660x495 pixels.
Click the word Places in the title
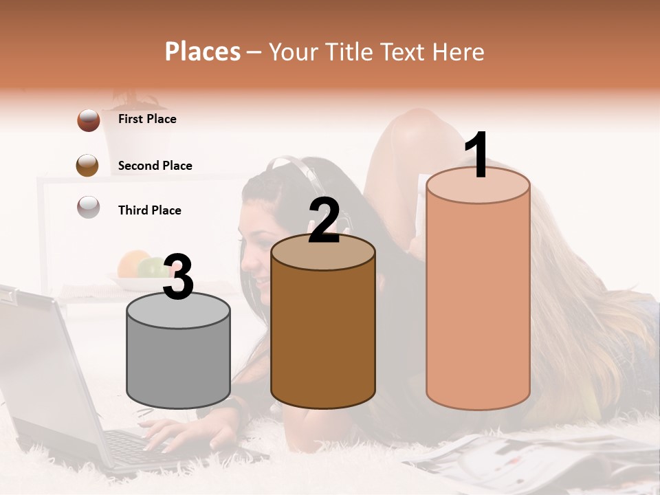tap(203, 52)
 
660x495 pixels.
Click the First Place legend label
tap(147, 119)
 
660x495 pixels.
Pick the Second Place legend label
tap(155, 166)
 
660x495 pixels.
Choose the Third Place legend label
tap(149, 210)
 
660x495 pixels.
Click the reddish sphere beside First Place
tap(89, 120)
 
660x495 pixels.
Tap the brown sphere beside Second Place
tap(87, 165)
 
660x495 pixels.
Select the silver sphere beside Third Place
tap(89, 207)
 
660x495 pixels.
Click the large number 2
tap(324, 221)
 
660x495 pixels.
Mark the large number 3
tap(178, 277)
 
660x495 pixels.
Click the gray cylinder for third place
tap(179, 357)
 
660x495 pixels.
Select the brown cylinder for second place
tap(323, 330)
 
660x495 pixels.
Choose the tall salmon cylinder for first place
tap(478, 296)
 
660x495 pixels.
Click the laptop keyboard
tap(137, 447)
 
